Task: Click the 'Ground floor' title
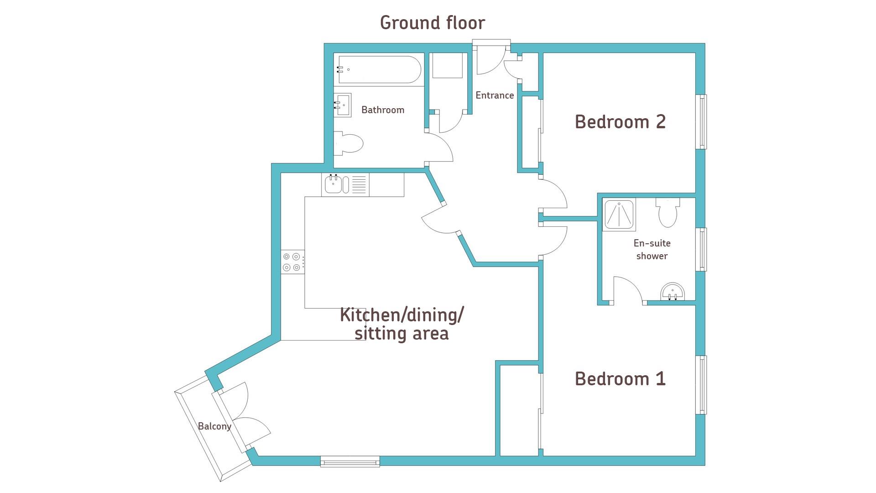(433, 23)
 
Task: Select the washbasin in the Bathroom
(343, 105)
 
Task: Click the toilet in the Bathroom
(348, 144)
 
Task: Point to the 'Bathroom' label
(383, 110)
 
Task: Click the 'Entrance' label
(495, 95)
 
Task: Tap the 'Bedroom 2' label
(620, 121)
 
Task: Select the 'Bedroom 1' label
(620, 378)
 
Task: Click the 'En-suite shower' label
(652, 249)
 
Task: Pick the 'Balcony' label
(214, 426)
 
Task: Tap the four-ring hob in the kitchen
(292, 262)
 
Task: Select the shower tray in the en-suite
(619, 214)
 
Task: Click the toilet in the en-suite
(667, 212)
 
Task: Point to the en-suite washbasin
(673, 292)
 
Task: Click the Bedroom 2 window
(702, 121)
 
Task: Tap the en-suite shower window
(702, 249)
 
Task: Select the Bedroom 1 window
(702, 385)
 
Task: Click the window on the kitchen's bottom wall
(350, 462)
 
